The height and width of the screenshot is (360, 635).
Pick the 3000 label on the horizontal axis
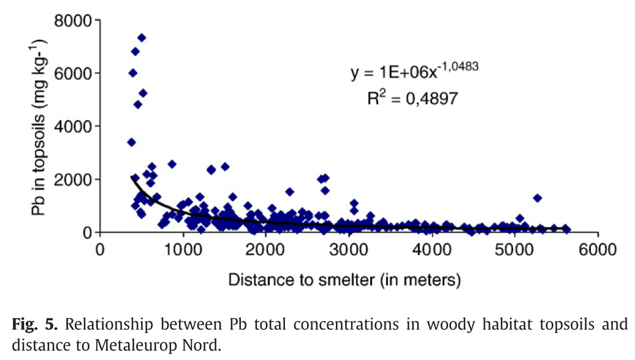349,250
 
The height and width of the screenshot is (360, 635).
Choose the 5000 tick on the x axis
514,250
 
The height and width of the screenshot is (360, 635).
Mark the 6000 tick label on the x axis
597,250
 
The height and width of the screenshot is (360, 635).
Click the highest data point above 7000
142,37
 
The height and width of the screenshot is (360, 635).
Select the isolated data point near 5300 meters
538,198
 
